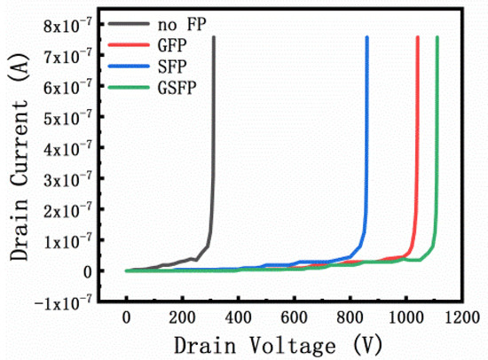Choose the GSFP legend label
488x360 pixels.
[177, 86]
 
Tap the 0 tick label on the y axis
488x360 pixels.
[87, 271]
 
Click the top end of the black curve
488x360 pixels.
[214, 37]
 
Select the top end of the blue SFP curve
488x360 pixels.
[367, 37]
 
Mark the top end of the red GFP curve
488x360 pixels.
[418, 37]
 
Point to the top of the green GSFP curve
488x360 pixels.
[437, 37]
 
